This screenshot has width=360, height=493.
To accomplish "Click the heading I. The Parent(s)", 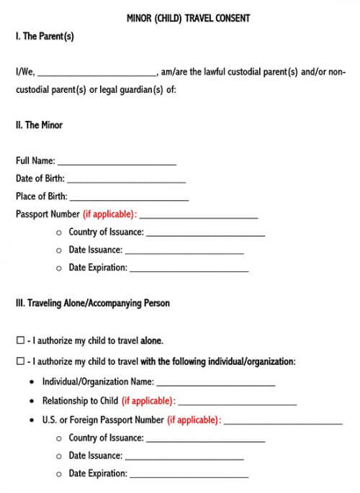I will tap(45, 36).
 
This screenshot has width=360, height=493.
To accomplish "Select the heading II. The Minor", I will tap(39, 125).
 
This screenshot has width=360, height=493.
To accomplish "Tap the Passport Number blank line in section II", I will tap(201, 217).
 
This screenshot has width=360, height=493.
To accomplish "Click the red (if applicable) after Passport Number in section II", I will tap(109, 214).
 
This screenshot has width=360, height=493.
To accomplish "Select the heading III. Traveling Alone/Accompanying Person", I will tap(93, 303).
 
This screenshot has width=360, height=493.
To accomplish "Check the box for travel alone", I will tap(20, 341).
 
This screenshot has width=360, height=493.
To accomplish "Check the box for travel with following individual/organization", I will tap(20, 362).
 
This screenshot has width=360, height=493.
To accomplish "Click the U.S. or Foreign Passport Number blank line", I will tap(283, 422).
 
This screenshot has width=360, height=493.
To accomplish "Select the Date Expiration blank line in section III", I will tap(189, 476).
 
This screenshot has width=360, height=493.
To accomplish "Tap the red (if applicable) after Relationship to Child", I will tap(148, 401).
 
